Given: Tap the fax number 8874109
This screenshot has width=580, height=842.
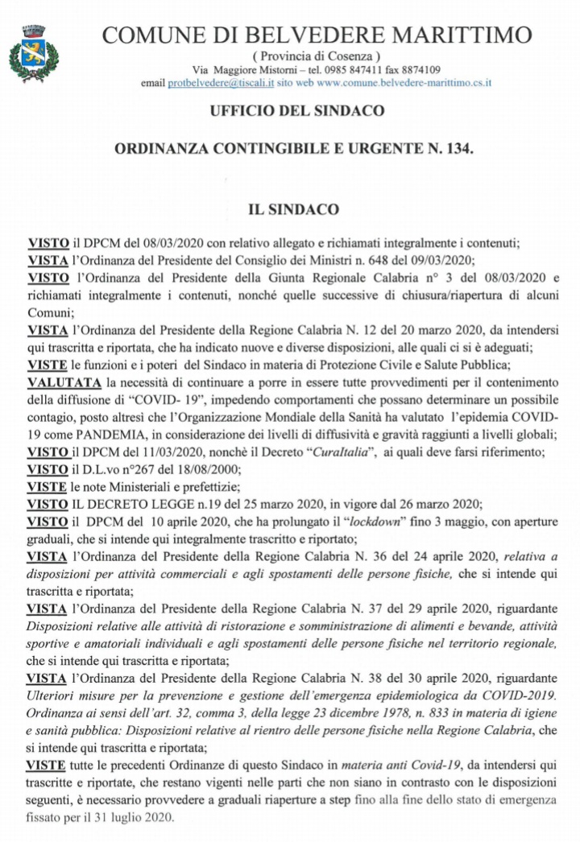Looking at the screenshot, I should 418,69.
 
